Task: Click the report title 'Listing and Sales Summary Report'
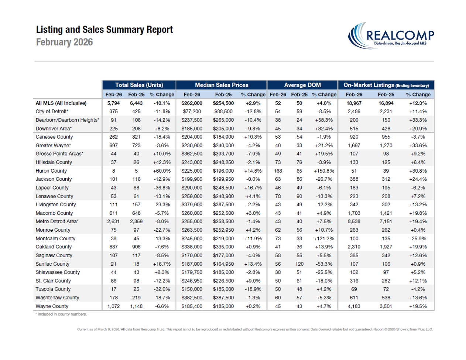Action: (x=104, y=30)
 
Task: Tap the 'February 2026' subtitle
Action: (x=64, y=42)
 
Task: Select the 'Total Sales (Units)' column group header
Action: (x=139, y=85)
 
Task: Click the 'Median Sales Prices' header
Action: (x=222, y=85)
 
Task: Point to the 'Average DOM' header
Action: (x=302, y=85)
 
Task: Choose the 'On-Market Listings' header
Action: (x=386, y=85)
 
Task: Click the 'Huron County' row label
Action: (x=51, y=171)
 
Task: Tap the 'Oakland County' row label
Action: (x=54, y=247)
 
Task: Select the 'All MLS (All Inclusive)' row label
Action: (x=61, y=103)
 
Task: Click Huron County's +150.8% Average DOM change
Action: (x=324, y=171)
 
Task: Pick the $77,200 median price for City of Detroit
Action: (x=192, y=111)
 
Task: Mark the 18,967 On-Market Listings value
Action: (x=354, y=103)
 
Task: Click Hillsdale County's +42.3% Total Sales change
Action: (x=162, y=162)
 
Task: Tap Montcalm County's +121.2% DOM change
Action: (x=324, y=238)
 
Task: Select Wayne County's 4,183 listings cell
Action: (x=354, y=306)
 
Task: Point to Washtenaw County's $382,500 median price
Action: (x=192, y=298)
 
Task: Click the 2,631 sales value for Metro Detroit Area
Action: (x=113, y=221)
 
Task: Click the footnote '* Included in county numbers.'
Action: (x=61, y=314)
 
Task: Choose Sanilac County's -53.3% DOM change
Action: (x=324, y=264)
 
